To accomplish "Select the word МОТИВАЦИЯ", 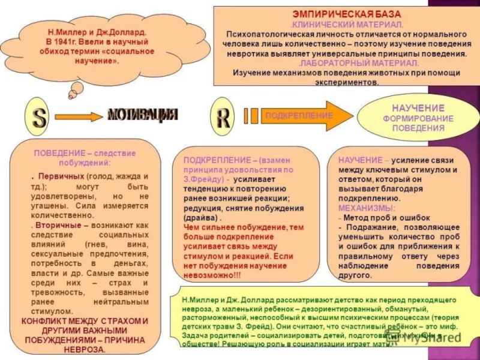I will (x=143, y=114).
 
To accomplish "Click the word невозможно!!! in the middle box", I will (x=211, y=275).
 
